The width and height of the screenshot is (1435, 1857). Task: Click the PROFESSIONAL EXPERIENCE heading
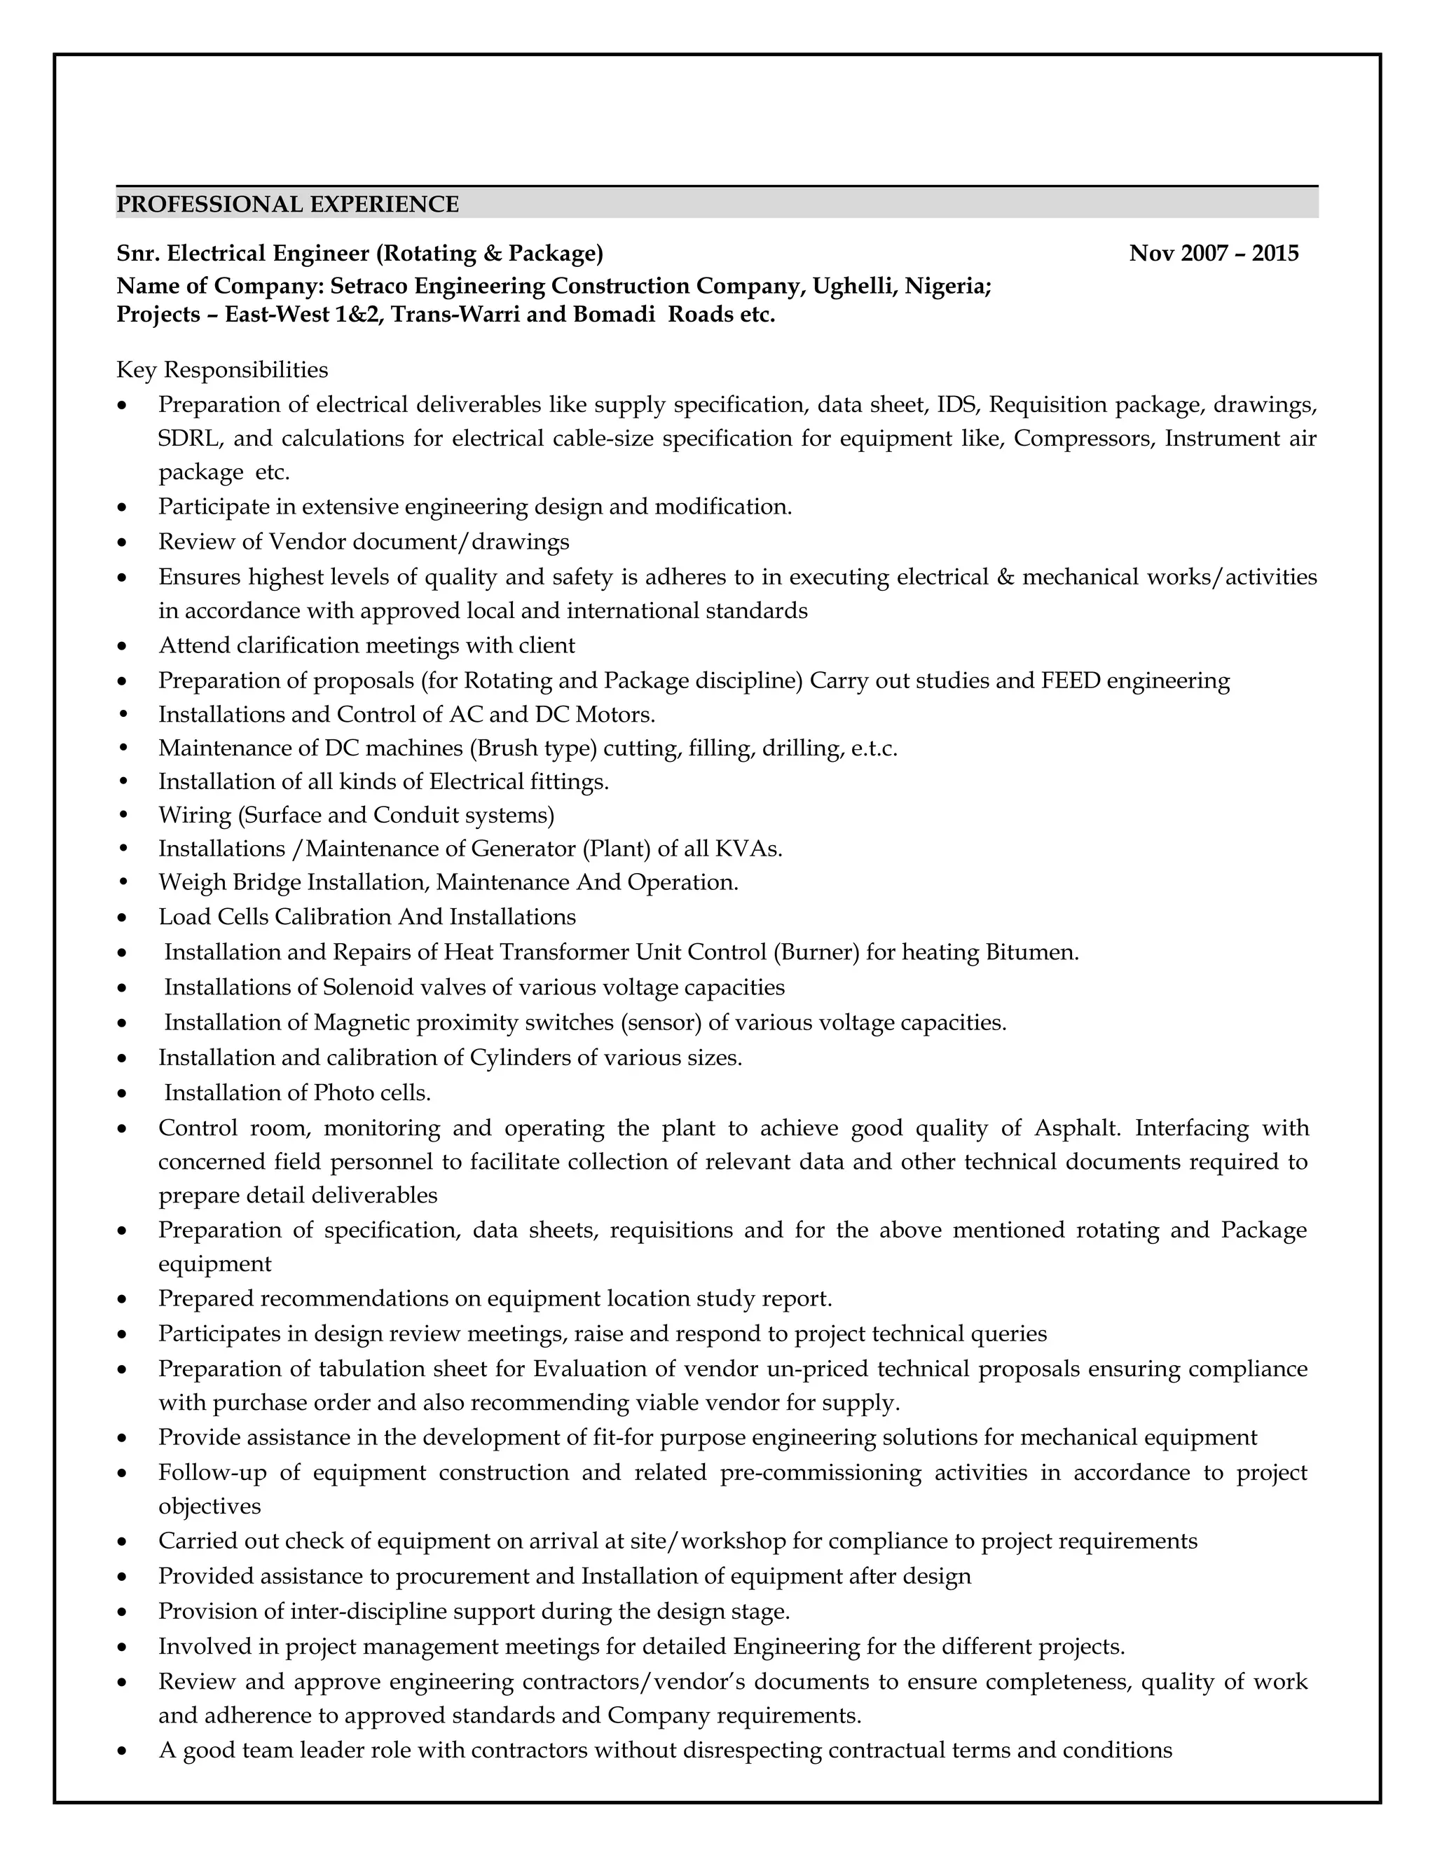tap(287, 205)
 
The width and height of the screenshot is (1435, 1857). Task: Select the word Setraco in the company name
tap(371, 286)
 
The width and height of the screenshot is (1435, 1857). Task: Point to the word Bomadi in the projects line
tap(614, 315)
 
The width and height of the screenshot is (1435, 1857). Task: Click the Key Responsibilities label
tap(222, 370)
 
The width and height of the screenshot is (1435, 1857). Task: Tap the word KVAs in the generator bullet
tap(747, 849)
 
